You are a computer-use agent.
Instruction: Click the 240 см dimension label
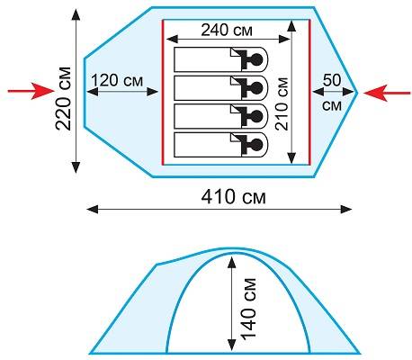(x=227, y=30)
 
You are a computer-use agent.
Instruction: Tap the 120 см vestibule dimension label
(x=117, y=80)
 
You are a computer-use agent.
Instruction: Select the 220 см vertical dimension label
(x=64, y=99)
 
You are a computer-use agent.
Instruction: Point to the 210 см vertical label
(x=282, y=103)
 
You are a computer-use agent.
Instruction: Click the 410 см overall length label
(x=233, y=197)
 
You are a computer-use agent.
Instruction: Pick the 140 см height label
(x=249, y=310)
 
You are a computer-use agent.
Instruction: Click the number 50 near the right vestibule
(x=332, y=80)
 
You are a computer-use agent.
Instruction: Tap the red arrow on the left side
(x=31, y=91)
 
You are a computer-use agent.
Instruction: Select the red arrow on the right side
(x=387, y=93)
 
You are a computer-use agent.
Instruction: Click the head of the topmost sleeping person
(x=255, y=59)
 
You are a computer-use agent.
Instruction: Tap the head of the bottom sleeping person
(x=255, y=145)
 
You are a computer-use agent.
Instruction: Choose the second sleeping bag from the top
(x=220, y=88)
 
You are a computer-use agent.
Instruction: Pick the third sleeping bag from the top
(x=220, y=116)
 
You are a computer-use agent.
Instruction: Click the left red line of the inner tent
(x=163, y=92)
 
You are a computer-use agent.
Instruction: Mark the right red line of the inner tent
(x=309, y=92)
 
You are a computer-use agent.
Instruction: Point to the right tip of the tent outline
(x=357, y=93)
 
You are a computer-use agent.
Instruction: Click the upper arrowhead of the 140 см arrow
(x=231, y=262)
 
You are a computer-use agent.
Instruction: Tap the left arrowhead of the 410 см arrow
(x=93, y=210)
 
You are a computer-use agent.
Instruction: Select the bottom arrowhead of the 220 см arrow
(x=76, y=167)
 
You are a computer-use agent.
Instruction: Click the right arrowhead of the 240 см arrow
(x=284, y=39)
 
